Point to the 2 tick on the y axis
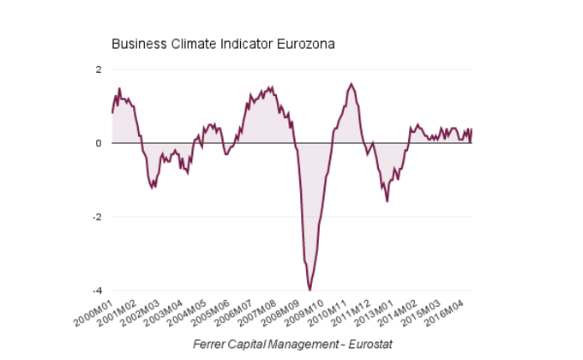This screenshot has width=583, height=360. click(99, 69)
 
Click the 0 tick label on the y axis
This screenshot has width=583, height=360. click(99, 143)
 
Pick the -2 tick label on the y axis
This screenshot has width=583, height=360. click(97, 217)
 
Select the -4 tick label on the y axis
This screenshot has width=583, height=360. click(97, 291)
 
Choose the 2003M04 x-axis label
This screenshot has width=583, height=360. click(165, 311)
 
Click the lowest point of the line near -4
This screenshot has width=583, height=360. click(310, 290)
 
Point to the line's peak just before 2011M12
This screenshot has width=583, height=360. click(351, 84)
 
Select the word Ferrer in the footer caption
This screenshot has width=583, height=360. click(212, 344)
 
